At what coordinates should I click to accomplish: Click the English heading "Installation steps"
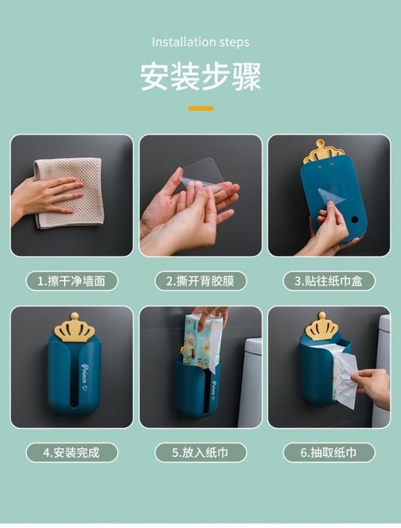tap(200, 42)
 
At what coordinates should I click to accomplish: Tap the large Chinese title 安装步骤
tap(200, 77)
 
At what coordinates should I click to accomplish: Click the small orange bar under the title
tap(201, 108)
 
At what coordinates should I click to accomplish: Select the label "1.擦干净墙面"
tap(72, 281)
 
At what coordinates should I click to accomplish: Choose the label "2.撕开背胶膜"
tap(200, 281)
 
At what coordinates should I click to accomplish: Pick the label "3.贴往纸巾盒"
tap(329, 281)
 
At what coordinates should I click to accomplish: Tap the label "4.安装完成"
tap(72, 453)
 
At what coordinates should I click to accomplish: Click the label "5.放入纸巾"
tap(200, 453)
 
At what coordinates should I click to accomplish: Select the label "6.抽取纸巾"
tap(329, 453)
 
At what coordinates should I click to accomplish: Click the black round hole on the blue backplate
tap(354, 220)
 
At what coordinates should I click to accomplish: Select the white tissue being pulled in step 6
tap(345, 376)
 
